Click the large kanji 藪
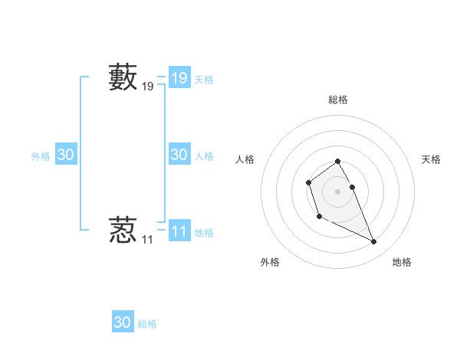coord(123,78)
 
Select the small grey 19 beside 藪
coord(148,88)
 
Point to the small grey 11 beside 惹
coord(147,240)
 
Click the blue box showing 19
coord(179,78)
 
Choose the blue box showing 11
coord(179,231)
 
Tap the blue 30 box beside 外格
coord(66,155)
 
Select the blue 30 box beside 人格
coord(179,155)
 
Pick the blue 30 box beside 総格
coord(123,322)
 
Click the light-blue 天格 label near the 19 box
coord(204,80)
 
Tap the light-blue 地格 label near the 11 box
coord(204,233)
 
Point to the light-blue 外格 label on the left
coord(41,156)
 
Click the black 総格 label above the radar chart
coord(338,100)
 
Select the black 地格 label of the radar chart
coord(402,262)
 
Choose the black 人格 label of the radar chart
coord(245,159)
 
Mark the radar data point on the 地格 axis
coord(374,242)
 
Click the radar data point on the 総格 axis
coord(338,161)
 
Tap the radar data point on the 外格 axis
coord(319,217)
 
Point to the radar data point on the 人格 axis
coord(308,182)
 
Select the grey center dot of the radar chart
coord(338,191)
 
